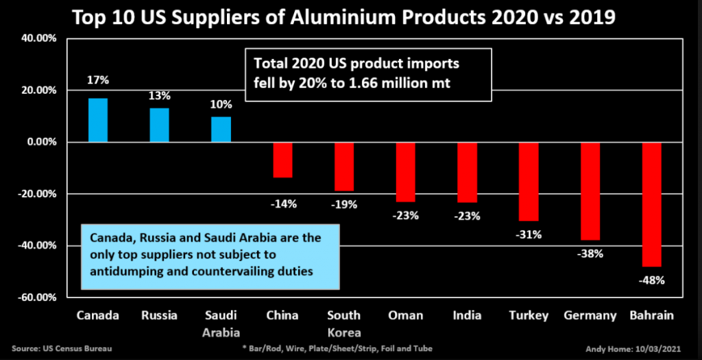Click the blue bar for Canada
click(x=98, y=120)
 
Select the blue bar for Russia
click(x=160, y=125)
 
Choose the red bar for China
click(x=282, y=160)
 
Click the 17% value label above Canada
click(x=98, y=80)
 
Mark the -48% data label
click(x=652, y=279)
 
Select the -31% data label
click(x=529, y=235)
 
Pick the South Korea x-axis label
click(x=344, y=322)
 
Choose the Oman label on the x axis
click(x=406, y=315)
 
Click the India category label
click(x=467, y=315)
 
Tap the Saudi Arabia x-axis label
click(x=221, y=322)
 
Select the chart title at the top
click(x=350, y=16)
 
